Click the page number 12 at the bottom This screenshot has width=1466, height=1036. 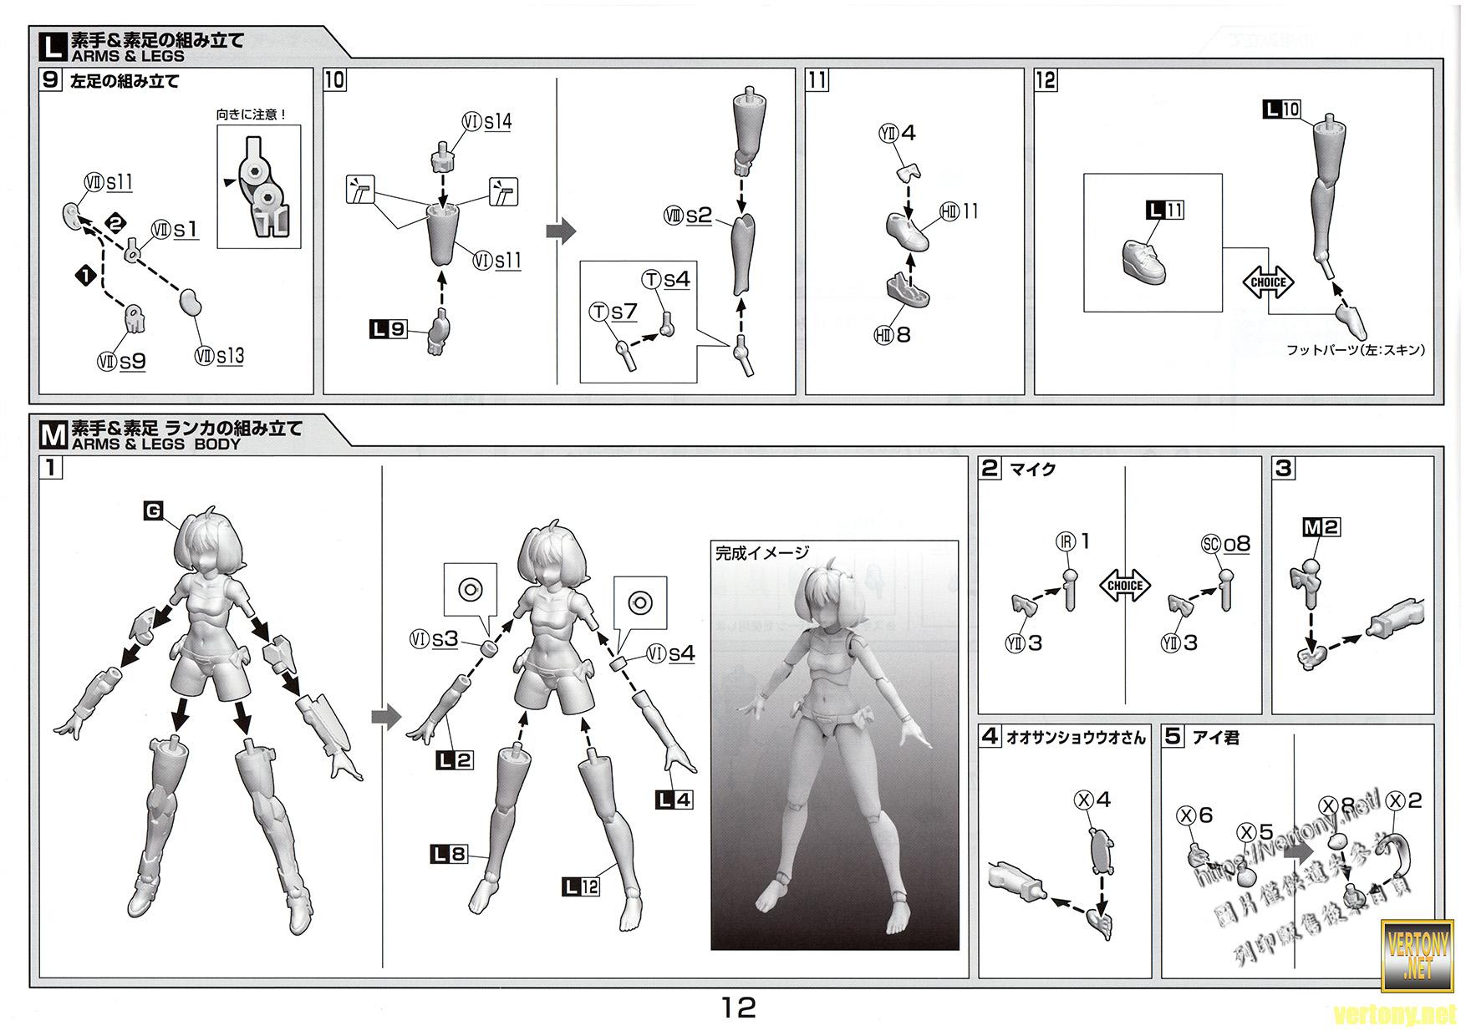(739, 1008)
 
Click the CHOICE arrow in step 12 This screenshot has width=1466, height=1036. (1268, 282)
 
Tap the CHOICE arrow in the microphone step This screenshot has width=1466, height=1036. (1124, 586)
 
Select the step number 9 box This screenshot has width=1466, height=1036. (52, 80)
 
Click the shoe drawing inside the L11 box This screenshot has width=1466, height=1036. (1151, 256)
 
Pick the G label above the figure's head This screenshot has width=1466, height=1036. (153, 510)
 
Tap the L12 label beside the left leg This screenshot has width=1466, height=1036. (581, 886)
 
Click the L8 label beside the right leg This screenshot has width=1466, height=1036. (448, 854)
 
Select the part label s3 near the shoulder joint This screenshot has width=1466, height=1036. (445, 640)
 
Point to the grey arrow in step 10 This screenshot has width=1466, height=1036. (560, 231)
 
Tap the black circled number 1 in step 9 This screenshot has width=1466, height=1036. (85, 275)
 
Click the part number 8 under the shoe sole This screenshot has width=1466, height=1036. (903, 335)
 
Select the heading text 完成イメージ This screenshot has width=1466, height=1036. (762, 552)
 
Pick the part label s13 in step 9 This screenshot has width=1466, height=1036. (230, 356)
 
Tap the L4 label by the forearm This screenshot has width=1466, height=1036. (674, 800)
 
